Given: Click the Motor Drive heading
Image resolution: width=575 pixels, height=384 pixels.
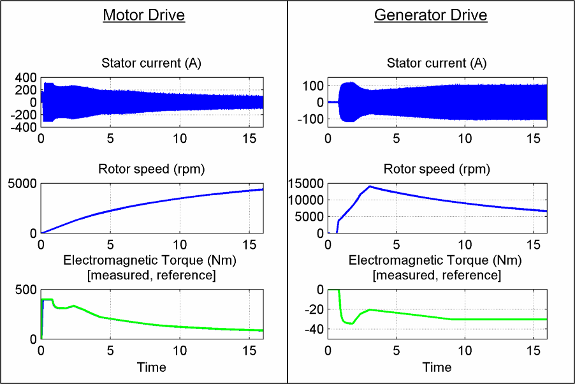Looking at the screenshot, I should click(143, 15).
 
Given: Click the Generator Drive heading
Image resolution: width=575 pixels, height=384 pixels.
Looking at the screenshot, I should click(430, 15).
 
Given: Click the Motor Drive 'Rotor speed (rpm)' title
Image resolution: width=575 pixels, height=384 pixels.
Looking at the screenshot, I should click(151, 169).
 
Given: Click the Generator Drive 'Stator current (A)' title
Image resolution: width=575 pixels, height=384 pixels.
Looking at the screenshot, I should click(437, 63).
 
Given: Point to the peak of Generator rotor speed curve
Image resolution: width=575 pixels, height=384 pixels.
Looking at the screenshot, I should click(370, 186).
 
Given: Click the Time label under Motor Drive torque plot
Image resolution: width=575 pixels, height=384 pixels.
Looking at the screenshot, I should click(151, 367).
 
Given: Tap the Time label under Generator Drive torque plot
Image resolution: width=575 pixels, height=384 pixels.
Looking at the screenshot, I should click(437, 367).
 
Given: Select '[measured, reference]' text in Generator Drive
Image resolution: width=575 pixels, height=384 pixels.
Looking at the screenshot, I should click(437, 275).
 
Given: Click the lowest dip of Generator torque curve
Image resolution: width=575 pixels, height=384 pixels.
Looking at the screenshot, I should click(352, 324).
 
